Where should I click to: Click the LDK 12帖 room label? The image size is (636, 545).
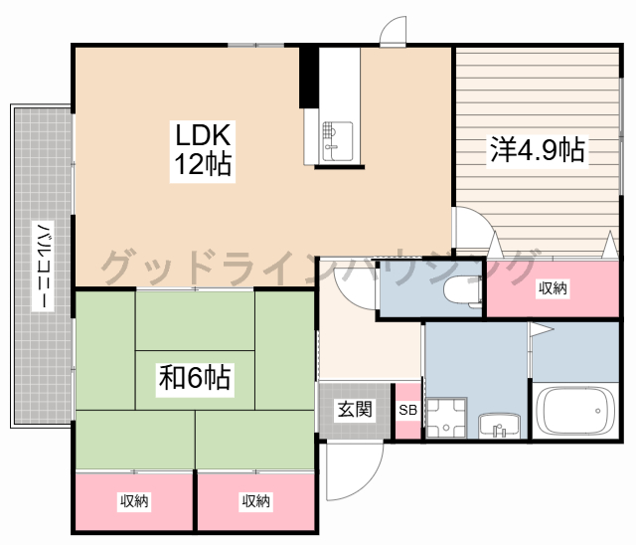click(x=203, y=149)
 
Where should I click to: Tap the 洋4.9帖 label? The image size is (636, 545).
click(x=538, y=150)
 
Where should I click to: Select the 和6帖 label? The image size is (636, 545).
click(x=195, y=378)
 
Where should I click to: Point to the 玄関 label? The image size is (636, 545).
click(x=355, y=409)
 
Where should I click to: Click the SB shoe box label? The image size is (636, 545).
click(x=407, y=411)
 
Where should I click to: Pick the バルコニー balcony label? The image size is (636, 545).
click(x=43, y=266)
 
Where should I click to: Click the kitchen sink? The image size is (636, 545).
click(x=338, y=141)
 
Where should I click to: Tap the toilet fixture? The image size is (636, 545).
click(x=463, y=289)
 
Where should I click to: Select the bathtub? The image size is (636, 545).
click(x=575, y=411)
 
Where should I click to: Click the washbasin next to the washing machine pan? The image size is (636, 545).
click(x=499, y=426)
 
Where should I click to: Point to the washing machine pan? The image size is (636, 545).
click(x=446, y=418)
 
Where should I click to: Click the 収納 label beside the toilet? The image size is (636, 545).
click(x=553, y=288)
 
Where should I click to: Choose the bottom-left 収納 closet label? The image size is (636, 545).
click(x=134, y=501)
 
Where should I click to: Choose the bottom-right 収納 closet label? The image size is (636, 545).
click(x=256, y=501)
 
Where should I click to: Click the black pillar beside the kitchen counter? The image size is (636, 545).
click(x=309, y=78)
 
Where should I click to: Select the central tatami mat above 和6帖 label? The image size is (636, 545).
click(x=195, y=320)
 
